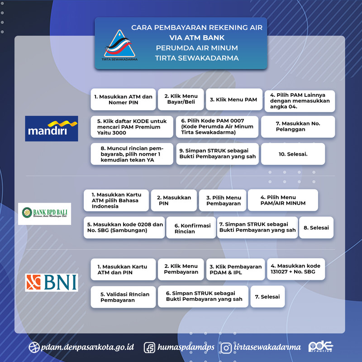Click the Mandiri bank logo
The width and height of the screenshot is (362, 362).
[x=51, y=129]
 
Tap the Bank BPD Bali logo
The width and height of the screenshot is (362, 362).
[x=47, y=214]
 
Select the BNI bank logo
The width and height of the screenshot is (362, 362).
[x=51, y=282]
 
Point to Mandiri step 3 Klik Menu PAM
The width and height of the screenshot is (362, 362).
[x=234, y=100]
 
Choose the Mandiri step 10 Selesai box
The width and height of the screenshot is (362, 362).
[x=293, y=154]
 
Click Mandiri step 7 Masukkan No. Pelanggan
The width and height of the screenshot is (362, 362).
[x=298, y=126]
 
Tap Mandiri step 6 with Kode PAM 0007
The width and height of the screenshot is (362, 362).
[x=217, y=127]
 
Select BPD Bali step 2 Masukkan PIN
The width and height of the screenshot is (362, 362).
[x=174, y=200]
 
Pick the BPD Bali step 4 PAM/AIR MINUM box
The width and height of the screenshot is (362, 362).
[x=283, y=200]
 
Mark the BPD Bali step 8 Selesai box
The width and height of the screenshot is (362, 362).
[x=316, y=228]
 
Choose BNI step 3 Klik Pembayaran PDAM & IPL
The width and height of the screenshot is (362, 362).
[x=235, y=270]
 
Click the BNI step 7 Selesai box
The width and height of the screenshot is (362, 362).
[x=267, y=297]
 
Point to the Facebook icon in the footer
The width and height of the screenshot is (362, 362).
[x=150, y=348]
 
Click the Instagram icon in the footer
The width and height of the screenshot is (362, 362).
[x=226, y=348]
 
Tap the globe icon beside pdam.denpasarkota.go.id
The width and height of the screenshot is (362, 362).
[x=33, y=348]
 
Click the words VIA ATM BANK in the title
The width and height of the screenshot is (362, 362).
[x=196, y=38]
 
